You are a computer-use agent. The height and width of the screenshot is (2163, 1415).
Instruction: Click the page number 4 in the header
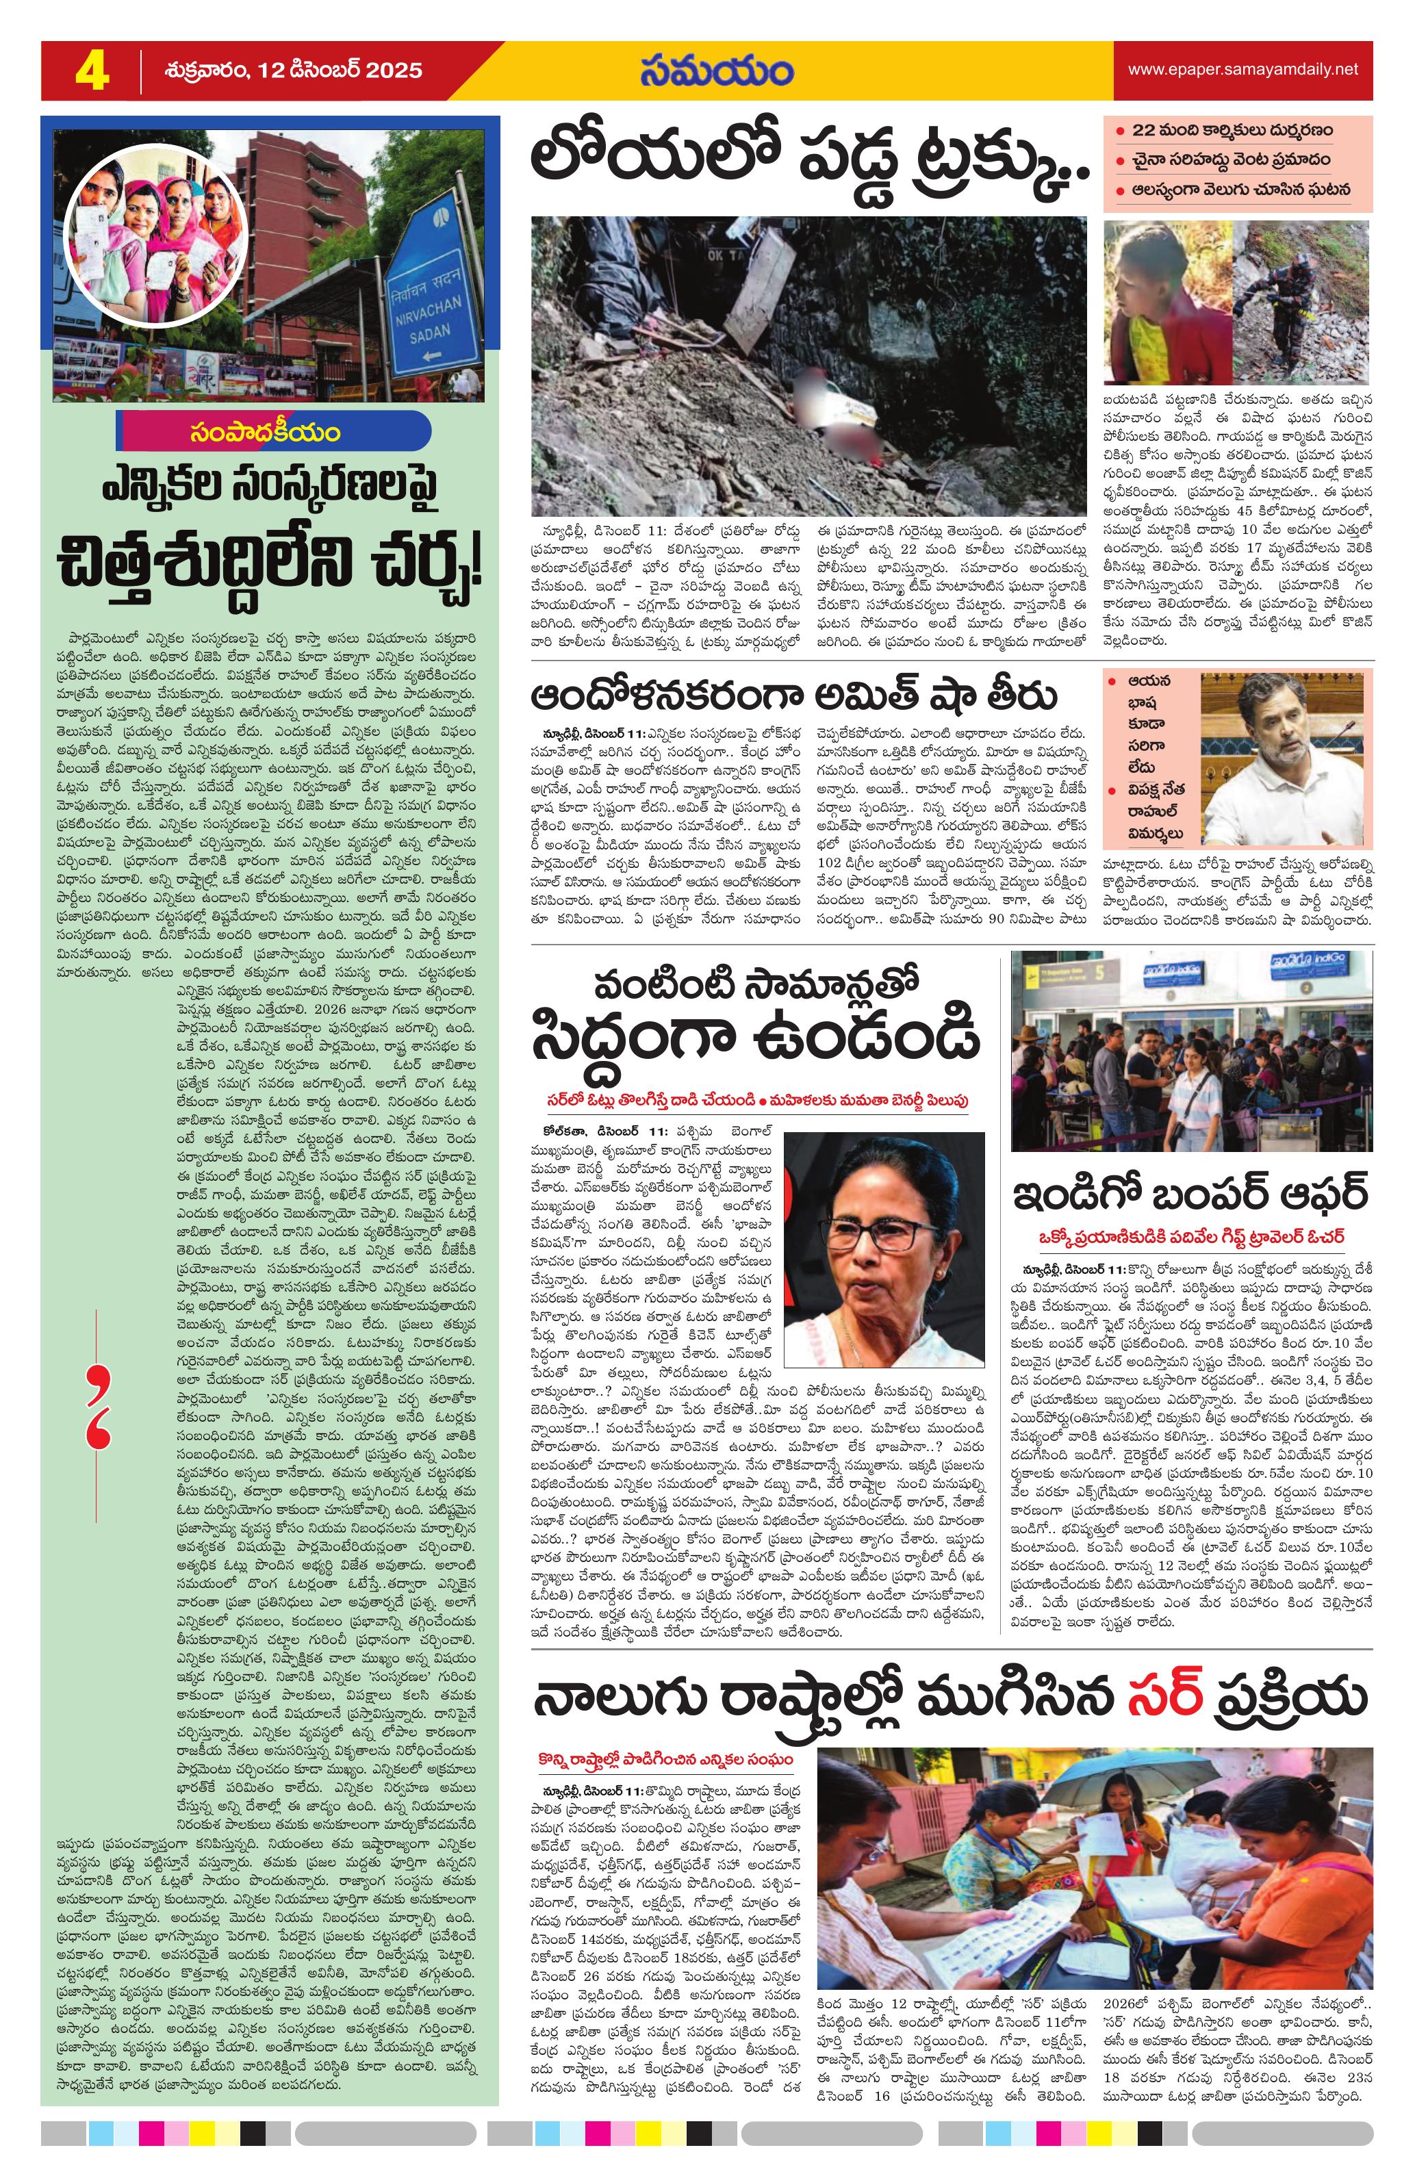(91, 70)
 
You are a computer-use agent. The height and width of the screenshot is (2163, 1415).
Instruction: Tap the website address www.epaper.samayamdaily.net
(1242, 69)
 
